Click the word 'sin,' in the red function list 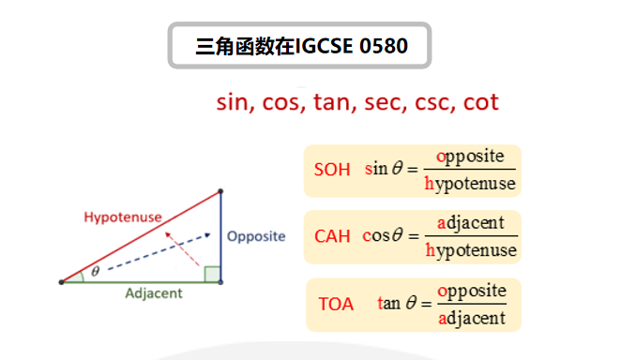pos(235,101)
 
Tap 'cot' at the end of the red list pos(480,101)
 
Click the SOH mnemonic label pos(332,170)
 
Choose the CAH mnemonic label pos(332,236)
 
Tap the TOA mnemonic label pos(336,304)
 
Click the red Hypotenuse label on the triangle pos(122,217)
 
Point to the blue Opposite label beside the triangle pos(256,236)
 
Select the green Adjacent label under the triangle pos(154,292)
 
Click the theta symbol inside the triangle pos(95,273)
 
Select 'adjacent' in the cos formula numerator pos(471,222)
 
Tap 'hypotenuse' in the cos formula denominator pos(471,250)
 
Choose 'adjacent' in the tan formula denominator pos(472,318)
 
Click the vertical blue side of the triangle pos(220,234)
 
